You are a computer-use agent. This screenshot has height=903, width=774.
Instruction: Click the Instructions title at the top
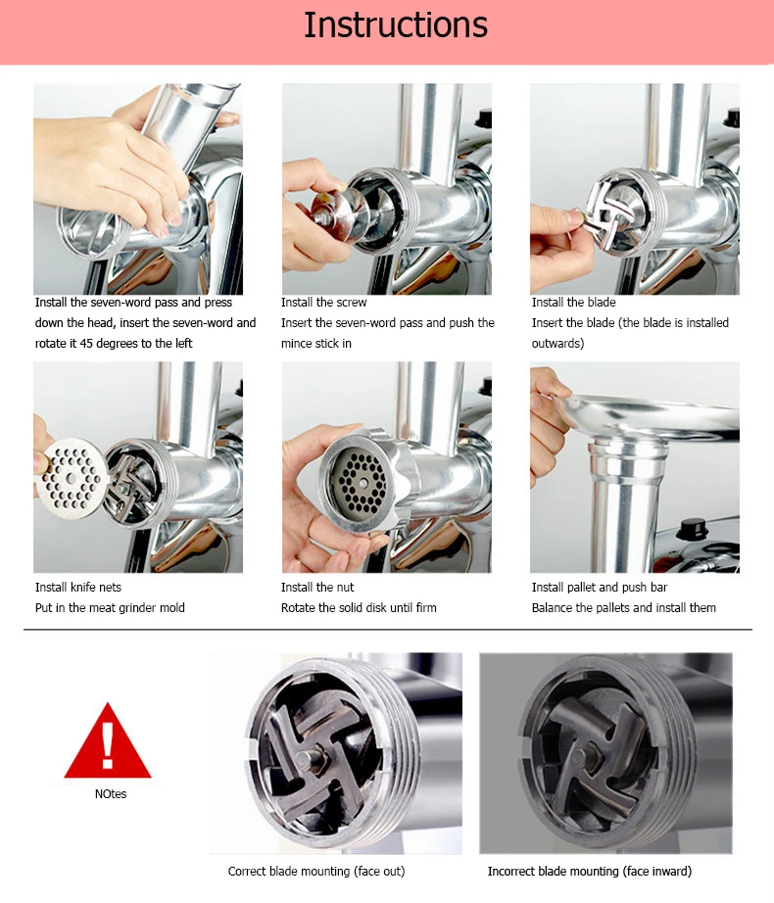pos(396,25)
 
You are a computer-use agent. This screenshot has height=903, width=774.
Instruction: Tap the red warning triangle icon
pos(108,741)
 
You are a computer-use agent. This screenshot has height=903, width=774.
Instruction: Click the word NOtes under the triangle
pos(111,793)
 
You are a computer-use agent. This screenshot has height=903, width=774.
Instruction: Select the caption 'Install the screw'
pos(323,303)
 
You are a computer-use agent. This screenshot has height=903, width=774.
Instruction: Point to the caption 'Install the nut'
pos(317,588)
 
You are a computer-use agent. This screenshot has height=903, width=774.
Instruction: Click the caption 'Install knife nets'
pos(78,588)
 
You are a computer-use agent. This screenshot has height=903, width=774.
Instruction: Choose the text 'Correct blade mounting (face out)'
pos(316,872)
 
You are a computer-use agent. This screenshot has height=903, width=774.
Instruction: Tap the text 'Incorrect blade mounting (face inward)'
pos(590,872)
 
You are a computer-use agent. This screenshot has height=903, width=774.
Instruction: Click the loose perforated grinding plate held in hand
pos(71,478)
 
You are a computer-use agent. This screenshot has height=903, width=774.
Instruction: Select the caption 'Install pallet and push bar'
pos(600,588)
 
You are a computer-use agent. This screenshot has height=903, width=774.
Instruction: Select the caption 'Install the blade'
pos(573,303)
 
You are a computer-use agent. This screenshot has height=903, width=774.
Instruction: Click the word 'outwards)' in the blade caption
pos(557,344)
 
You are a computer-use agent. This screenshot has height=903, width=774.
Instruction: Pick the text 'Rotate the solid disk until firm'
pos(359,608)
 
